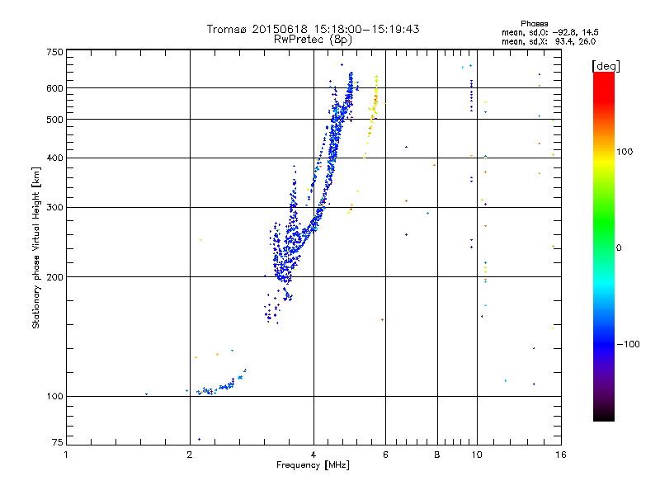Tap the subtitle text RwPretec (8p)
[313, 40]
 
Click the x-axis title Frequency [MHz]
[313, 465]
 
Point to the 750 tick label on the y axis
[54, 52]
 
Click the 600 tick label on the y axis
[54, 88]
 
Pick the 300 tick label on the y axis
[54, 208]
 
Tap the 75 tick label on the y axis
[58, 442]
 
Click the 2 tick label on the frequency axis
[190, 455]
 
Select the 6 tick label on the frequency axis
[385, 455]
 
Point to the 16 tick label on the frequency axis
[561, 455]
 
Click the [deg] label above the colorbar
[606, 66]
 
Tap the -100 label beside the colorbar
[629, 344]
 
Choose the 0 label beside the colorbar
[619, 248]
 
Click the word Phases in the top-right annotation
[534, 24]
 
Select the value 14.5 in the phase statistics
[590, 32]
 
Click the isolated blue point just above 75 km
[199, 440]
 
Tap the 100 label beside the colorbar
[625, 152]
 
